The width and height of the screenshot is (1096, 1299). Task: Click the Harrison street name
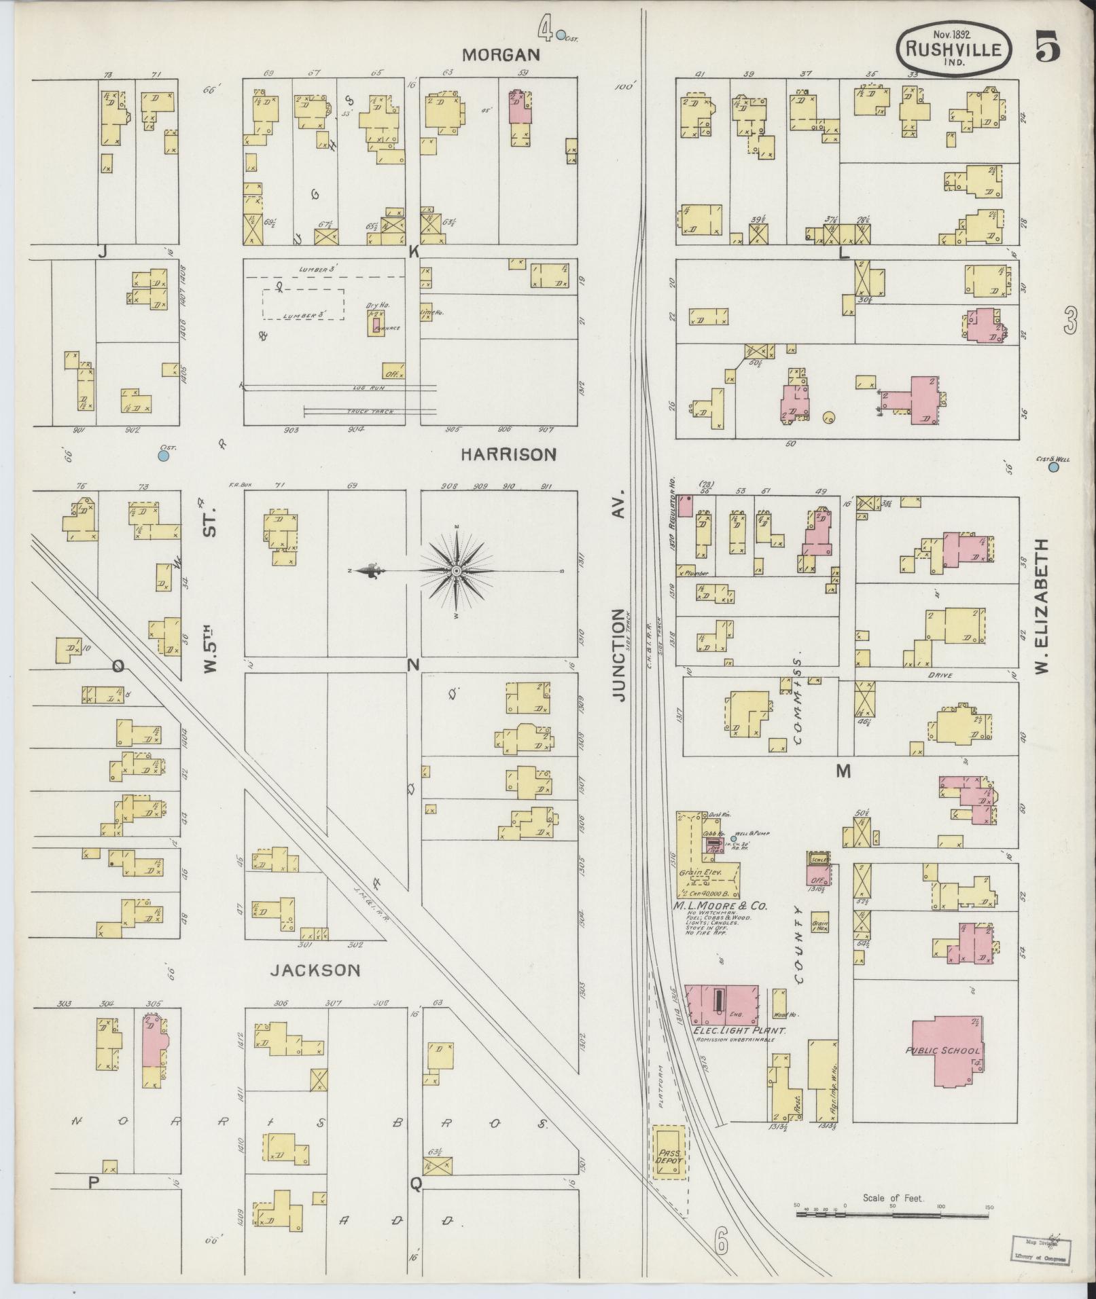[x=508, y=454]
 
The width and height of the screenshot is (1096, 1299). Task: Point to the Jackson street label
[x=315, y=970]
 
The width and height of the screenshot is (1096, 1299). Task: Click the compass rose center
[x=457, y=571]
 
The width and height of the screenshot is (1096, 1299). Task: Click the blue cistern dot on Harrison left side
[x=163, y=456]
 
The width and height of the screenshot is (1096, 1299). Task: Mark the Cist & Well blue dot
[x=1054, y=467]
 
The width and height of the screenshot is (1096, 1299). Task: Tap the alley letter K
[x=412, y=251]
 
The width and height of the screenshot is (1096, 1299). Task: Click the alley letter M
[x=843, y=771]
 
